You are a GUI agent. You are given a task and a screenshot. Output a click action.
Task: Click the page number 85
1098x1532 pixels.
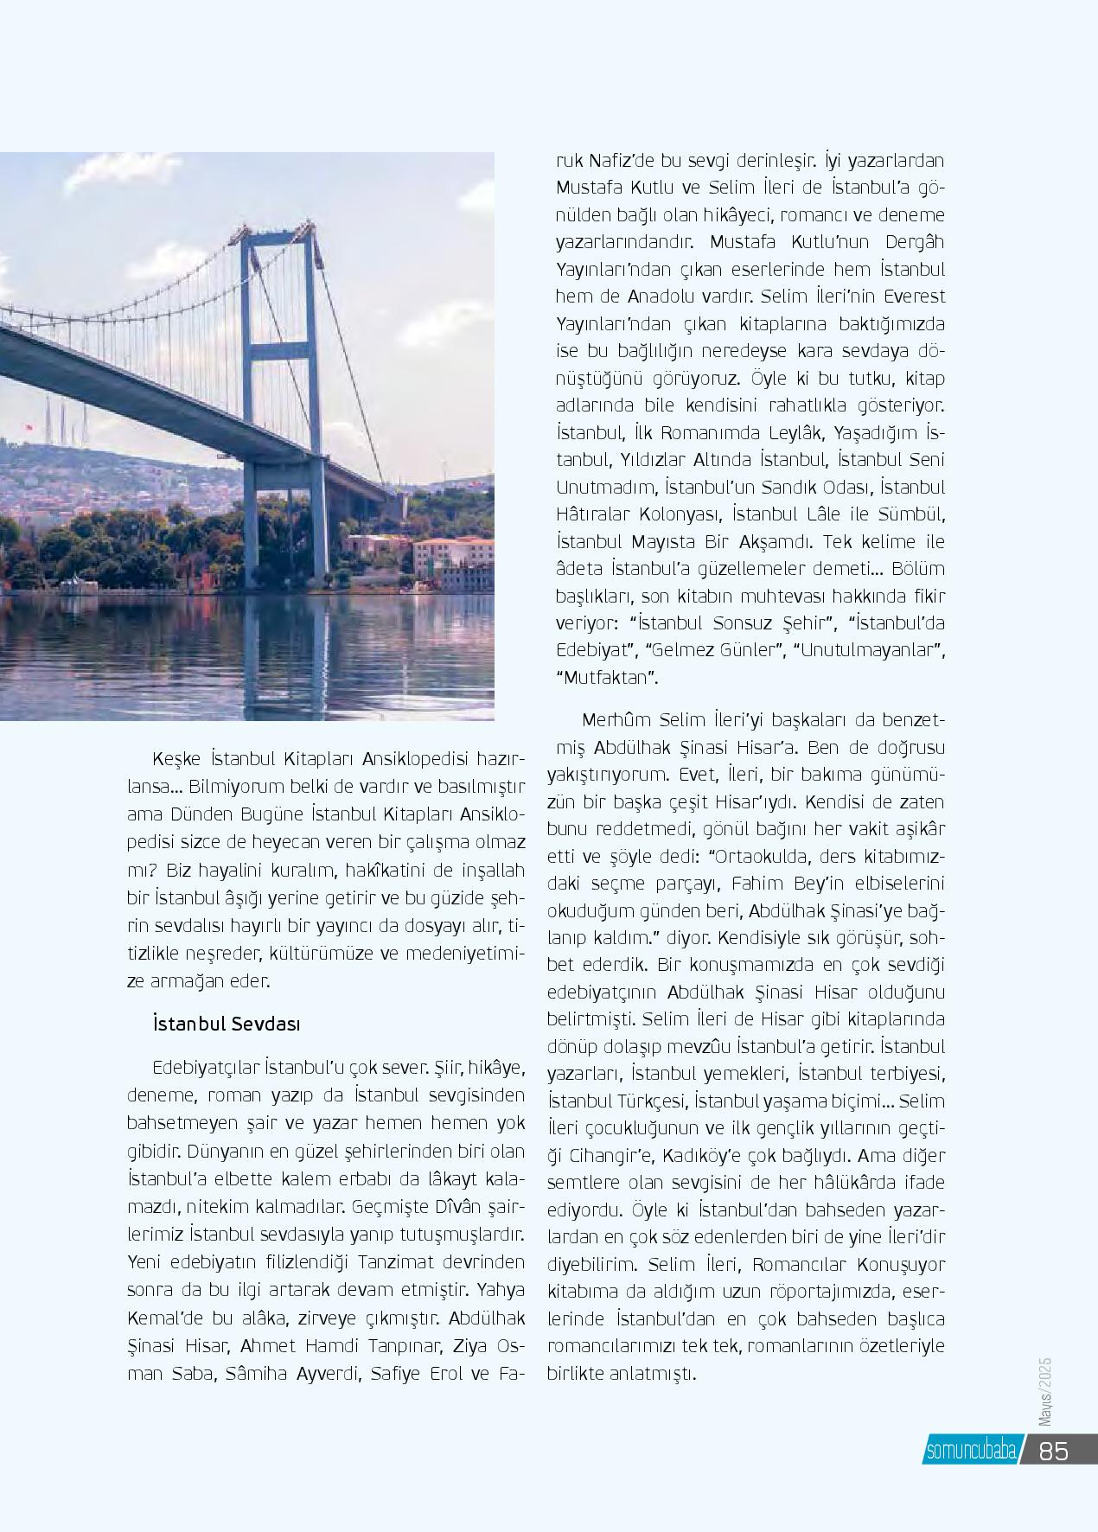coord(1053,1451)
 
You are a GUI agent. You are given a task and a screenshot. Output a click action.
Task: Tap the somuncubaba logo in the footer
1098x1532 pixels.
coord(970,1451)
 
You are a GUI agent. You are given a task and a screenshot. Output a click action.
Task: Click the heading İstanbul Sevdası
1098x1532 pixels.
coord(226,1024)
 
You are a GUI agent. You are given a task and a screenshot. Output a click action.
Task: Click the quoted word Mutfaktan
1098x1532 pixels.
coord(606,677)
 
